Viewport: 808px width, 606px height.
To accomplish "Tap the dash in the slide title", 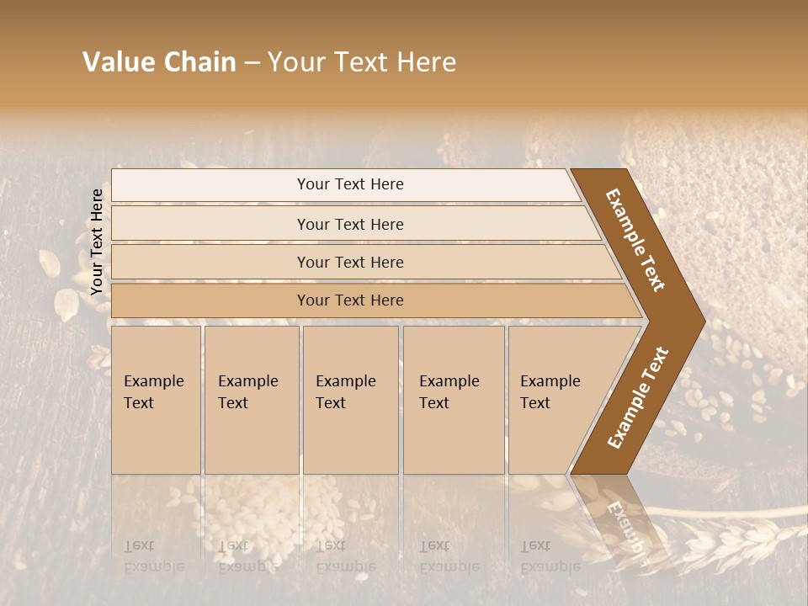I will pyautogui.click(x=251, y=63).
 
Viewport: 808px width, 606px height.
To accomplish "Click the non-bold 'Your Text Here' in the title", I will pyautogui.click(x=361, y=62).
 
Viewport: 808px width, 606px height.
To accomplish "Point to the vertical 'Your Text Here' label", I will pyautogui.click(x=97, y=242).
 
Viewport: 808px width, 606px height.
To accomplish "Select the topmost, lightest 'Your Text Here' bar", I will pyautogui.click(x=349, y=184).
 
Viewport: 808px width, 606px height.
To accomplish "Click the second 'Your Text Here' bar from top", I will pyautogui.click(x=349, y=224).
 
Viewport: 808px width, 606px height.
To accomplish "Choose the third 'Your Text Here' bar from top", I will pyautogui.click(x=349, y=262).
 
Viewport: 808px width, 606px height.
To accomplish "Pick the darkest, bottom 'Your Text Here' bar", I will pyautogui.click(x=349, y=300).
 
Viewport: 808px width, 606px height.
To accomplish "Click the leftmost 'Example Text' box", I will pyautogui.click(x=156, y=400).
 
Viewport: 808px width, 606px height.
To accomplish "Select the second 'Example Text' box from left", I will pyautogui.click(x=252, y=400).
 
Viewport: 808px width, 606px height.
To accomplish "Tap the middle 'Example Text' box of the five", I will pyautogui.click(x=350, y=400).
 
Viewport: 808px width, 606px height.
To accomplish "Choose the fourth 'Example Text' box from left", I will pyautogui.click(x=454, y=400).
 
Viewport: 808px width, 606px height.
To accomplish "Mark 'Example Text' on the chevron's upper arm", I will pyautogui.click(x=635, y=240).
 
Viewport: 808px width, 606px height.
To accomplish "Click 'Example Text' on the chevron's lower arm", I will pyautogui.click(x=638, y=397).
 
